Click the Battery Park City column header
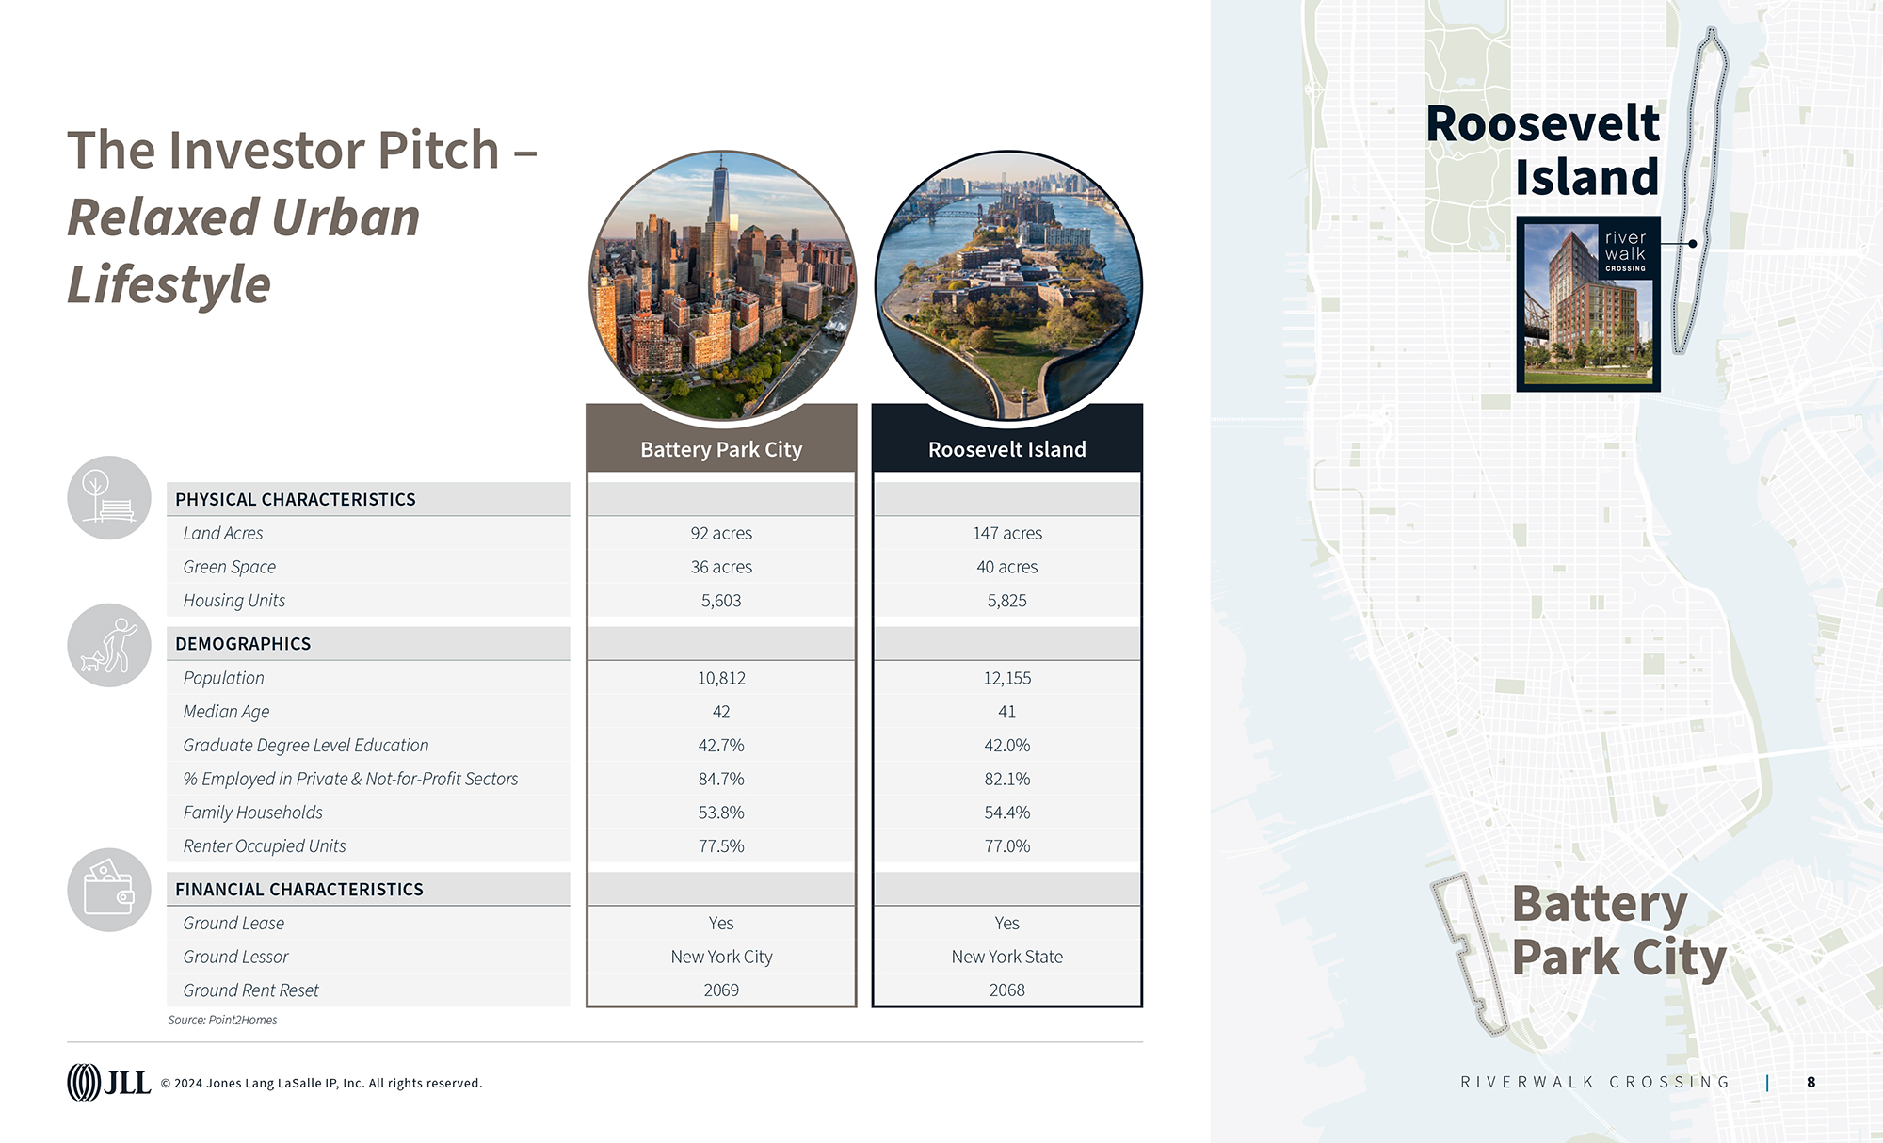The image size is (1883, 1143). click(x=721, y=449)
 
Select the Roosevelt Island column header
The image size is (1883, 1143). click(x=1006, y=449)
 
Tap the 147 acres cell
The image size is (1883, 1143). click(x=1006, y=533)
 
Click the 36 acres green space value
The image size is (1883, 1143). click(x=721, y=567)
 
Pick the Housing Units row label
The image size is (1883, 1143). click(x=233, y=601)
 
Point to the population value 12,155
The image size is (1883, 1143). click(x=1006, y=678)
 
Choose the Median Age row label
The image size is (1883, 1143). click(x=226, y=712)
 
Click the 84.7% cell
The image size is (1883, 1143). click(x=721, y=779)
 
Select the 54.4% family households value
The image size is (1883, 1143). click(x=1006, y=813)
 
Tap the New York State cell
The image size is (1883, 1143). click(x=1006, y=957)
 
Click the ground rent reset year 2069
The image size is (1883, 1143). click(x=721, y=990)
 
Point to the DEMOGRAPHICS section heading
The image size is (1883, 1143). click(x=243, y=644)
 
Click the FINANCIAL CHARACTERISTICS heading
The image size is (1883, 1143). click(x=298, y=890)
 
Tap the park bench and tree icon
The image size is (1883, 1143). click(x=109, y=498)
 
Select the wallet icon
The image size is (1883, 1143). click(x=109, y=890)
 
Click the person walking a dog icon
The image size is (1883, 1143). click(x=109, y=645)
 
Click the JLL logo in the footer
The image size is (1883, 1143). click(x=108, y=1083)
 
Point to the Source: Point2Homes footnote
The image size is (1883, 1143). click(x=222, y=1020)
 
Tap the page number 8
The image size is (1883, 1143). click(x=1811, y=1083)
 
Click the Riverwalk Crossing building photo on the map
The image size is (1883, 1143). click(x=1587, y=304)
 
